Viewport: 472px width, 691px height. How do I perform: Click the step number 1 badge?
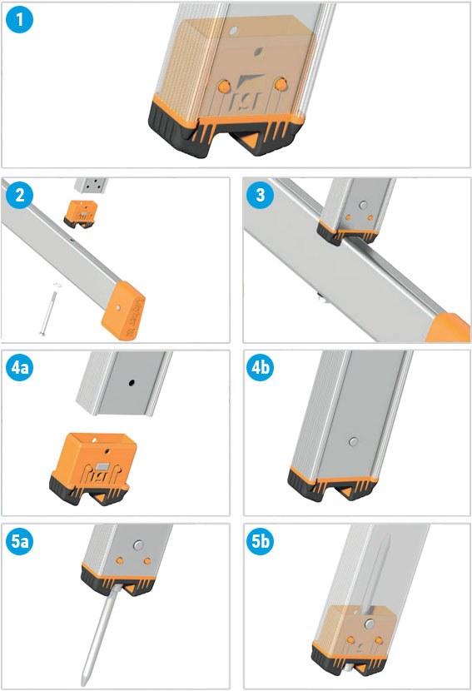click(x=19, y=19)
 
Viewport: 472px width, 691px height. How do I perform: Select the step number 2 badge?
click(x=19, y=195)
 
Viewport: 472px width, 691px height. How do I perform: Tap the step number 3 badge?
click(x=260, y=195)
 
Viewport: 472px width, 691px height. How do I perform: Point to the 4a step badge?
click(x=19, y=367)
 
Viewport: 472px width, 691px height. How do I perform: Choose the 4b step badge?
click(x=260, y=367)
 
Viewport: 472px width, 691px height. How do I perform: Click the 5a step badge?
click(x=19, y=541)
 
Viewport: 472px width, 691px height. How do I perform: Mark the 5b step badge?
click(x=260, y=541)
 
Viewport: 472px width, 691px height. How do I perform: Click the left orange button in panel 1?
click(x=224, y=86)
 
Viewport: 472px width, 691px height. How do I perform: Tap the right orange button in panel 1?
click(x=280, y=84)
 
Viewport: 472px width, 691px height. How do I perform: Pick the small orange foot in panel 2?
click(x=81, y=213)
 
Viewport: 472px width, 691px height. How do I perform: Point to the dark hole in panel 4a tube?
click(x=132, y=382)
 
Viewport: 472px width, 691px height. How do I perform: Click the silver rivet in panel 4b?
click(x=353, y=441)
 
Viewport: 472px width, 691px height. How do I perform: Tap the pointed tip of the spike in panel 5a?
click(x=83, y=683)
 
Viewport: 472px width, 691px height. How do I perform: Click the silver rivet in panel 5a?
click(x=138, y=545)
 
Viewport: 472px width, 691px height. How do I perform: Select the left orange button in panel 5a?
click(x=119, y=560)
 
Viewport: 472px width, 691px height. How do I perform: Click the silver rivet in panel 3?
click(x=363, y=205)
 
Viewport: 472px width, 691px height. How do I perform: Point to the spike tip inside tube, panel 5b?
click(x=387, y=538)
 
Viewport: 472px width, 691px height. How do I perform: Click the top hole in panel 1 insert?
click(x=234, y=31)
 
